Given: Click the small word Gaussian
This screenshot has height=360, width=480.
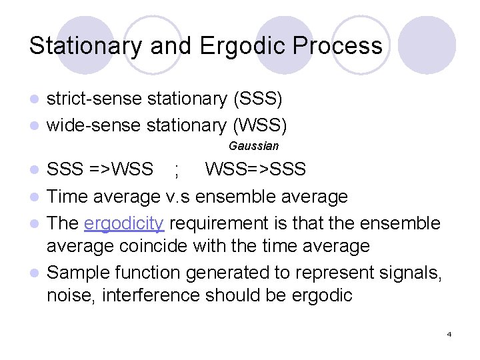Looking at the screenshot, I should (x=253, y=145).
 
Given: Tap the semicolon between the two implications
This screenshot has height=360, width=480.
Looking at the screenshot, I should (x=177, y=171).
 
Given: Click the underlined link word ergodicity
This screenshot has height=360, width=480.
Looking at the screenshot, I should (x=125, y=223).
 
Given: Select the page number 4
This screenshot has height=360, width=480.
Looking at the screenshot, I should (x=449, y=333).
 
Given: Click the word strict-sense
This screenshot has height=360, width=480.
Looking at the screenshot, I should (x=94, y=99).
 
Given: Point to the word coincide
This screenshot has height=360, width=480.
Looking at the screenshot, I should (x=155, y=246).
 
